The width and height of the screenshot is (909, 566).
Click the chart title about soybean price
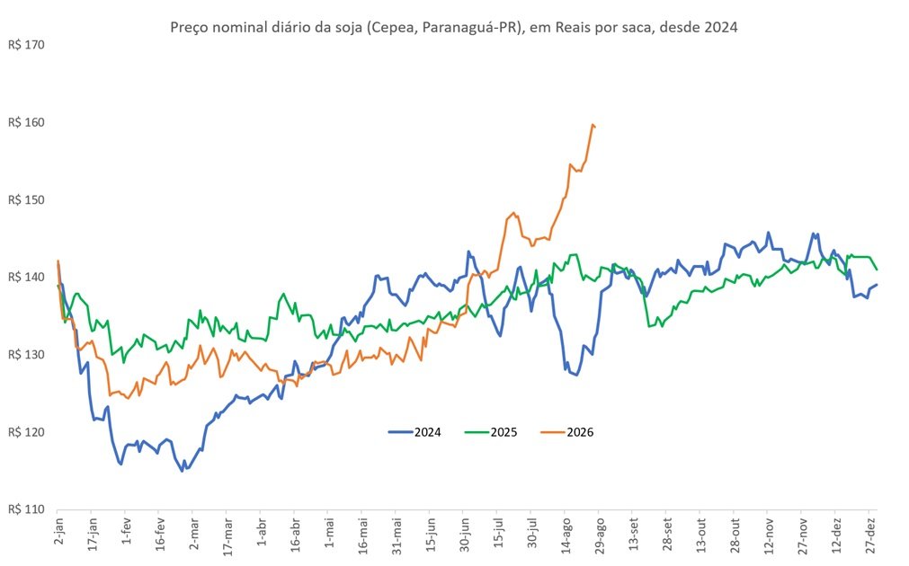[x=454, y=27]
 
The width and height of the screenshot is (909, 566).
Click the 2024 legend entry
[x=414, y=432]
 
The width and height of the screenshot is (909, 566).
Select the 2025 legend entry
[x=491, y=432]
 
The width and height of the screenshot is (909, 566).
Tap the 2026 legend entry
[x=567, y=432]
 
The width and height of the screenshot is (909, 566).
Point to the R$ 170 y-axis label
[x=26, y=45]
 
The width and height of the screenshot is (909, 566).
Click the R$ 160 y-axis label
[x=26, y=123]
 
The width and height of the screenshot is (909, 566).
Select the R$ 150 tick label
[x=26, y=199]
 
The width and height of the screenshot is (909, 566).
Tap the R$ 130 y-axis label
[x=26, y=355]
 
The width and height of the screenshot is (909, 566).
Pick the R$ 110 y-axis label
[x=26, y=509]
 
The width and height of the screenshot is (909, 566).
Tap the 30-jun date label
[x=464, y=534]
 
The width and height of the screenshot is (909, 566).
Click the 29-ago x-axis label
[x=600, y=535]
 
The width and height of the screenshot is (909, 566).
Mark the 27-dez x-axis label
[x=869, y=535]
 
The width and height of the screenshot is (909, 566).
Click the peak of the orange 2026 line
[x=592, y=124]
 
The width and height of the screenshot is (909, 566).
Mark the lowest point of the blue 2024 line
[x=182, y=471]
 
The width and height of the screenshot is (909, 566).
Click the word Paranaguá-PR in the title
[x=469, y=27]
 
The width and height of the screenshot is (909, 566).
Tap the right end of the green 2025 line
[x=878, y=270]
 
